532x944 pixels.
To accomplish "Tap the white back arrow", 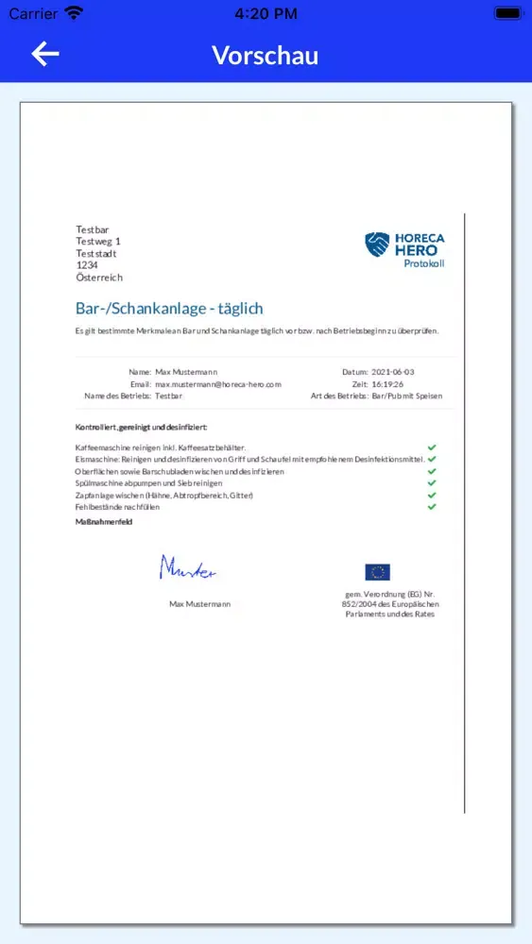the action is (45, 54).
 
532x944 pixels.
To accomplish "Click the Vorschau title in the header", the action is (265, 55).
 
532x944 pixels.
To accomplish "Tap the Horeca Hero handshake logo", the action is (377, 245).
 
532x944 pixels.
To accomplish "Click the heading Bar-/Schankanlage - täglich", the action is (169, 309).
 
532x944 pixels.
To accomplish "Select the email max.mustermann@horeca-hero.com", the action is (218, 384).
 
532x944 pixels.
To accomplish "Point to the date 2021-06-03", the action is (393, 373).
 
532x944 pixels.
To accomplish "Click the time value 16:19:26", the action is (387, 384).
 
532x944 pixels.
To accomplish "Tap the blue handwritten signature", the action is (187, 567).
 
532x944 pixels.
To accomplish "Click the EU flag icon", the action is (377, 572).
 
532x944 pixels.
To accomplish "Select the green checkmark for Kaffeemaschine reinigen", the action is (432, 447).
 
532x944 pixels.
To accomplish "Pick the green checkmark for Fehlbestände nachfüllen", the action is (432, 507).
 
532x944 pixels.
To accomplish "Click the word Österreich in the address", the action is (99, 278).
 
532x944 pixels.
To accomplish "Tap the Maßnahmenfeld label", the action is (103, 521).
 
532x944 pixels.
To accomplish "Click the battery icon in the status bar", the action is (507, 14).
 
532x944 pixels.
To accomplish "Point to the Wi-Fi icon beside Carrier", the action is (74, 13).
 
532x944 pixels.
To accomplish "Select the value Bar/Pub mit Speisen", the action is (407, 396).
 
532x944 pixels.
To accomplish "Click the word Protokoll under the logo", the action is (423, 263).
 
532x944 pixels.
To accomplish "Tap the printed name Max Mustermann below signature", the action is (199, 603).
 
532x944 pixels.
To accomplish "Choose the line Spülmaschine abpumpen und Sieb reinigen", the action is (148, 483).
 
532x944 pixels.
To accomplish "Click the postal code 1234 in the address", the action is (87, 265).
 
